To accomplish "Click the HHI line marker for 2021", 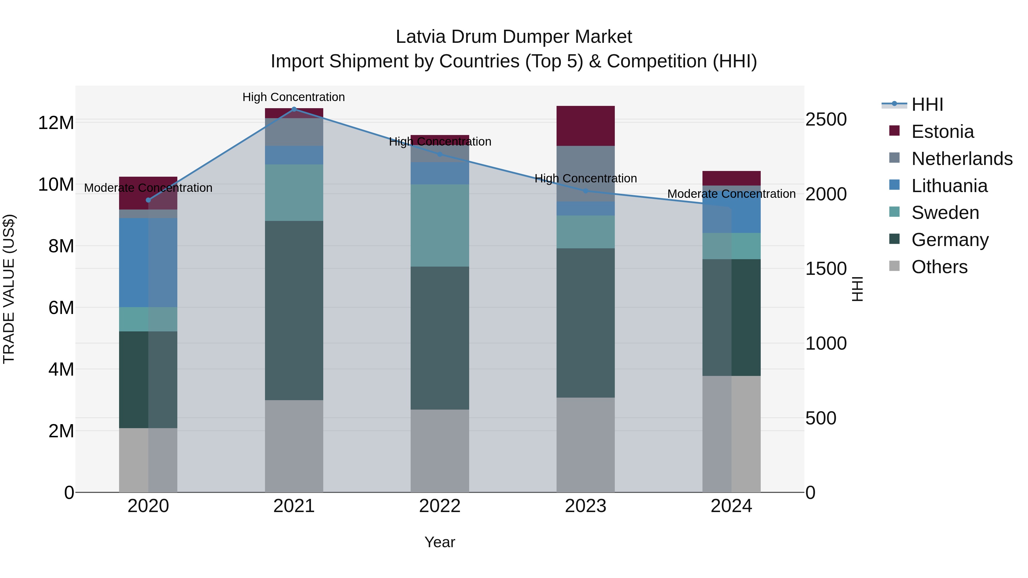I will tap(294, 109).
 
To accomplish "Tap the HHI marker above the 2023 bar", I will tap(585, 191).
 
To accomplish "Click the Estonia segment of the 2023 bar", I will tap(585, 126).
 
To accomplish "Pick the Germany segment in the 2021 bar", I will tap(294, 310).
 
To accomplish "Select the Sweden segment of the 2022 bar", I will tap(440, 225).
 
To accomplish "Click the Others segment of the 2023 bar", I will tap(585, 445).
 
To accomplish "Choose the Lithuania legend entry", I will tap(949, 186).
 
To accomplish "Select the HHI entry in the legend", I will tap(927, 104).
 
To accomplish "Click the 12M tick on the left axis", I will tap(56, 122).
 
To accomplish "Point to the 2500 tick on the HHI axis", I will tap(826, 119).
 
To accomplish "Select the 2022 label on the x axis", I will tap(440, 506).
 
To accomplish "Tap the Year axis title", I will tap(440, 542).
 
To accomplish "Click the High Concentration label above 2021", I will tap(294, 97).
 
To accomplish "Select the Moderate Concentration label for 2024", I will tap(731, 194).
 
